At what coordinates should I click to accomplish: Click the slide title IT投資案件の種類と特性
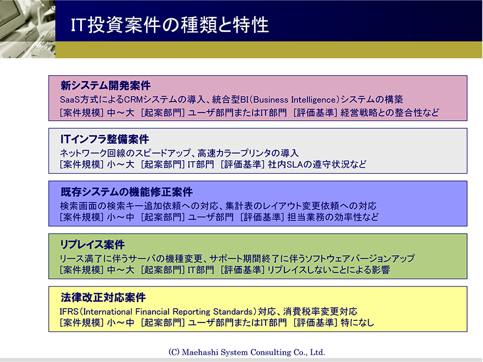point(170,25)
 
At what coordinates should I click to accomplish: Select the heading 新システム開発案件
point(105,86)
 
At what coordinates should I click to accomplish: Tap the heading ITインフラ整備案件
point(105,139)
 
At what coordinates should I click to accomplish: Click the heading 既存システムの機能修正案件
point(127,192)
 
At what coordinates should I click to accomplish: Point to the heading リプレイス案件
point(92,245)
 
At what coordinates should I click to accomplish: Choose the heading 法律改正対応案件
point(103,297)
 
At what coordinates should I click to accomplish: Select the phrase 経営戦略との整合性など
point(390,112)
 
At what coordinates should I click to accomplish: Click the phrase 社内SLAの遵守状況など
point(317,165)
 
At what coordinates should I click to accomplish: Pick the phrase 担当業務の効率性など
point(333,217)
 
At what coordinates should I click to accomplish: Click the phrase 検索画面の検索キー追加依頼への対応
point(139,206)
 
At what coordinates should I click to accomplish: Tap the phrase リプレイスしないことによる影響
point(328,270)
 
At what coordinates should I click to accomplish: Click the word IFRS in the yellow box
point(69,312)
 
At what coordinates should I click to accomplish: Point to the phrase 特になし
point(357,323)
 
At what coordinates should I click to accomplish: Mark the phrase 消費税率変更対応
point(321,312)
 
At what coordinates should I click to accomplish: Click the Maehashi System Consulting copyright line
point(247,352)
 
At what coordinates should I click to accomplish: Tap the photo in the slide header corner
point(28,29)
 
